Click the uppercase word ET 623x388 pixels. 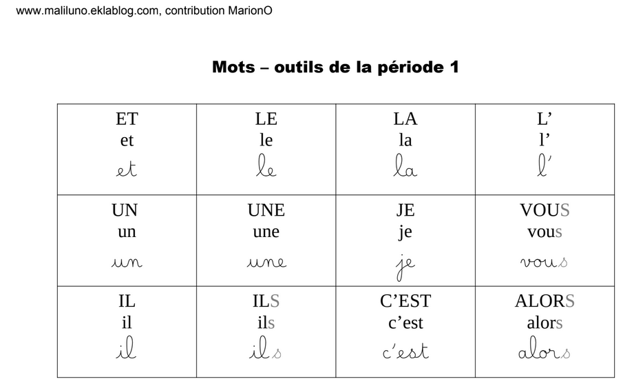coord(127,119)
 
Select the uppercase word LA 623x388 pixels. coord(405,119)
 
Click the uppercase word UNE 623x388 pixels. coord(266,210)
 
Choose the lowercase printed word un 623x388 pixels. coord(127,232)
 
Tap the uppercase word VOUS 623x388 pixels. coord(545,210)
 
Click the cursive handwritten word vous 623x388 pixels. coord(545,262)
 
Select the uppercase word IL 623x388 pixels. coord(127,301)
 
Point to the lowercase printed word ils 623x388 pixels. coord(266,323)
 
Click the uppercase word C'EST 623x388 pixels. coord(405,301)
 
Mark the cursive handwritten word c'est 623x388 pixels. coord(405,352)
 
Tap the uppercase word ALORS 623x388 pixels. coord(545,301)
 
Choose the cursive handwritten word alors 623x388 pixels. coord(545,352)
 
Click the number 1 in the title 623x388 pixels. coord(454,68)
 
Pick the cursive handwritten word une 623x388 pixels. coord(266,262)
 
